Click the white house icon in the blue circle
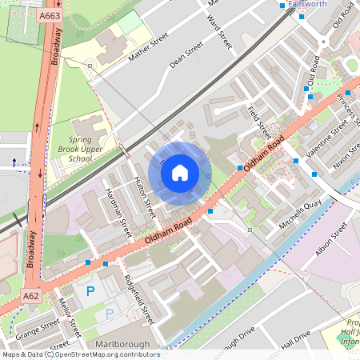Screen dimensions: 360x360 point(180,172)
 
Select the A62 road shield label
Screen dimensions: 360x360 point(30,297)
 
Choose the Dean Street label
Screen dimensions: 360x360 point(186,57)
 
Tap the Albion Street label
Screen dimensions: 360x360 point(331,239)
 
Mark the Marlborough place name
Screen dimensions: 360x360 point(122,345)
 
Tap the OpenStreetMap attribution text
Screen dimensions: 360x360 point(80,354)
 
